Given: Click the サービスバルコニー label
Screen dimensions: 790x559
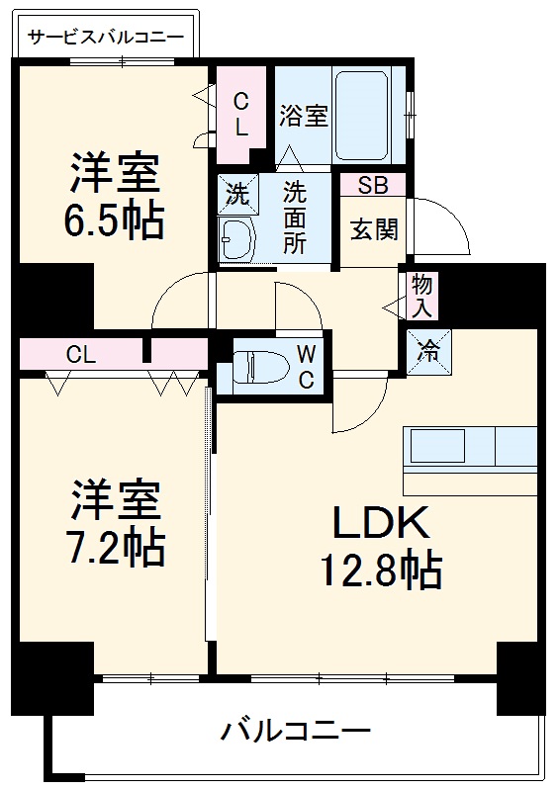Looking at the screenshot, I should pos(106,38).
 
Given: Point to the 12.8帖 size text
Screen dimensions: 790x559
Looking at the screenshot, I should pos(380,571).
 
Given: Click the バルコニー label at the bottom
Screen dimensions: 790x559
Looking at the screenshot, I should pos(296,733).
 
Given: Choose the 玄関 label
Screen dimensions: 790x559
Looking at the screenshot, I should pos(374,230).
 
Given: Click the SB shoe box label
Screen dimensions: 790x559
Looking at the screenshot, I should pos(372,185).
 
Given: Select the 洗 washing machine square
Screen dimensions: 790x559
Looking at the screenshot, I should pos(237,194).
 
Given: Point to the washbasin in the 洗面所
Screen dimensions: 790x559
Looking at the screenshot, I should pos(236,239).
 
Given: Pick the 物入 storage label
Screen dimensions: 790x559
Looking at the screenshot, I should pos(422,296).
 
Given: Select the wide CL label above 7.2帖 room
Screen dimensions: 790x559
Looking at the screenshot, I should pos(81,354).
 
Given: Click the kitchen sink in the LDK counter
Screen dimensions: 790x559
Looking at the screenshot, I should pos(437,447).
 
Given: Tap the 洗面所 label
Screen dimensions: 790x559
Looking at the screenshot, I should pos(294,217).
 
